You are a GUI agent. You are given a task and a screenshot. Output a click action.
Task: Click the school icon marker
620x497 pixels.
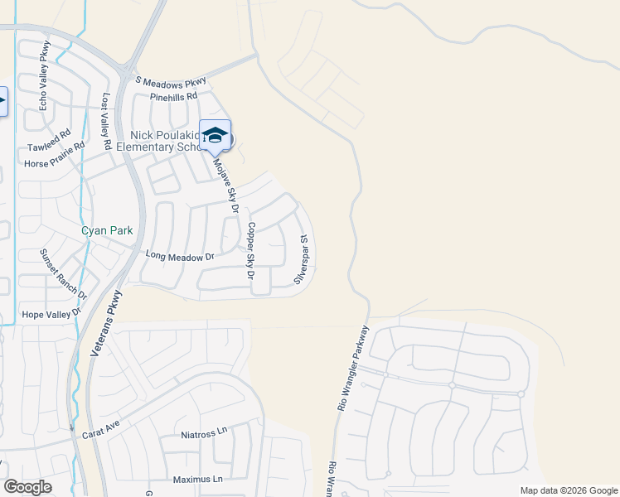point(215,136)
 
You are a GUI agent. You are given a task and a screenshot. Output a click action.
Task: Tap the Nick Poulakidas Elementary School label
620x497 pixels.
point(166,142)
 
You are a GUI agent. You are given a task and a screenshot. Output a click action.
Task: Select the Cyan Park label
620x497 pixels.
point(106,230)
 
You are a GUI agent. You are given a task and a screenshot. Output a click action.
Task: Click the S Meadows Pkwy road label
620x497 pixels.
point(171,80)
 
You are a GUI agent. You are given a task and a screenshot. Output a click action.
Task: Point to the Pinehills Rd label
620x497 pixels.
point(174,96)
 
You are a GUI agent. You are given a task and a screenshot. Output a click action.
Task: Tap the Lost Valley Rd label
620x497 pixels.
point(106,121)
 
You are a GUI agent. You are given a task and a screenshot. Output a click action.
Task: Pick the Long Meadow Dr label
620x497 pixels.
point(179,258)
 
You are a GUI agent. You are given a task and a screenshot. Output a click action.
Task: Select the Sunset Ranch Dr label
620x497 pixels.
point(64,273)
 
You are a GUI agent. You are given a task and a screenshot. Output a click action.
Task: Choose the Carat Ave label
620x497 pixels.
point(101,428)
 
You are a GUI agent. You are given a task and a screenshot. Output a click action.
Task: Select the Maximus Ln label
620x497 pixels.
point(199,480)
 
